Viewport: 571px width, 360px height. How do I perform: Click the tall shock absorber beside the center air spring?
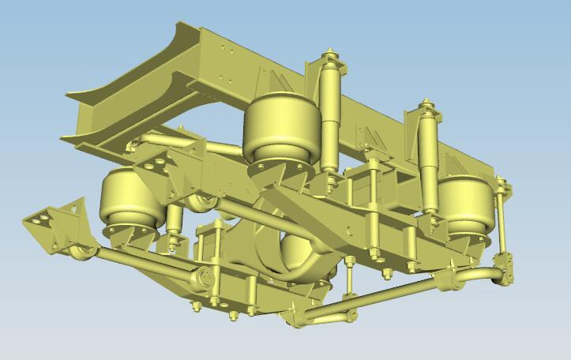(329, 111)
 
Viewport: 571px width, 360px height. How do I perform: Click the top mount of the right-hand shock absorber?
(427, 103)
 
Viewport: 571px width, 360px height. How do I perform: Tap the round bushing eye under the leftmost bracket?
(79, 253)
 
